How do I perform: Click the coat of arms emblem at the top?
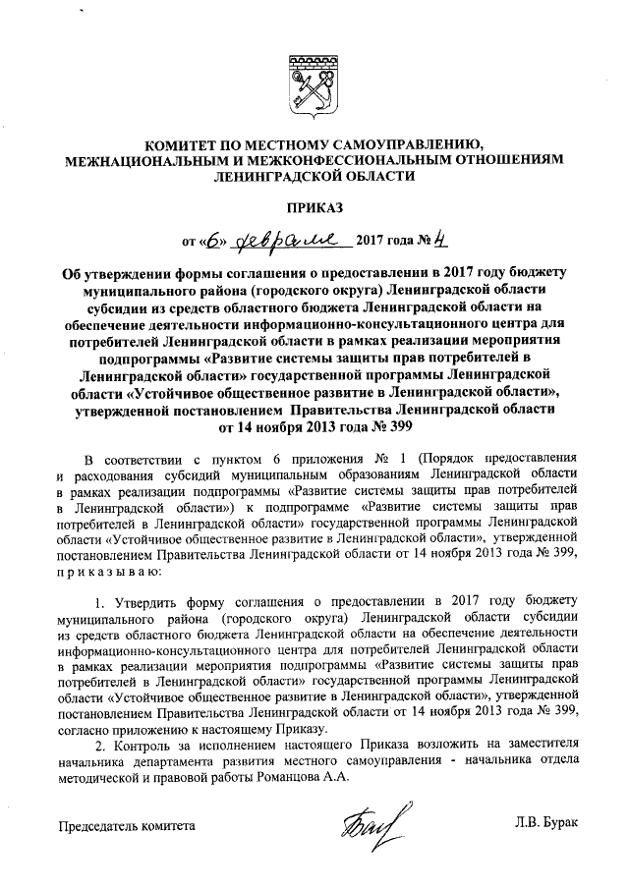[314, 82]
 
